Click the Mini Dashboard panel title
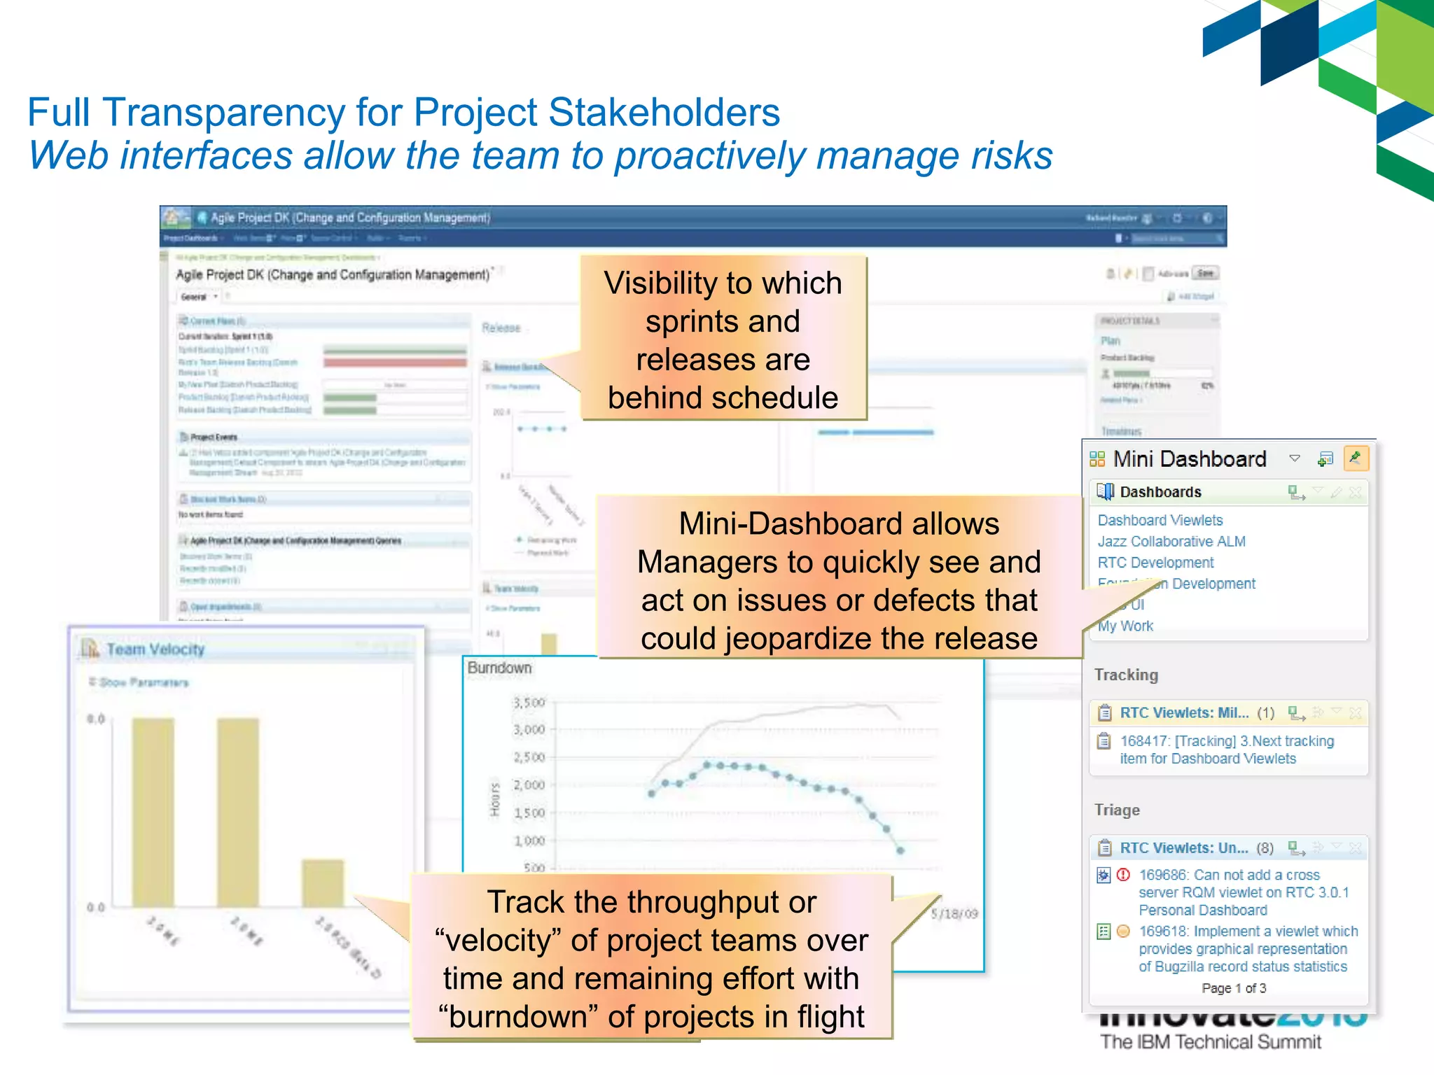1189,459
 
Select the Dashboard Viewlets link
1160,520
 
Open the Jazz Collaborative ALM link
1171,541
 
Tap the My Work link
1125,626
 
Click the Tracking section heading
1126,675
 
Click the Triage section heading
1117,810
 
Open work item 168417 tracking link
1226,750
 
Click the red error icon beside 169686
1123,875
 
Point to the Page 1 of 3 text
1234,988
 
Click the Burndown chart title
499,668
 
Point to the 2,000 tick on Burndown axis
529,785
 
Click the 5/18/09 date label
954,913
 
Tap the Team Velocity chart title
155,649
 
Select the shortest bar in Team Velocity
323,883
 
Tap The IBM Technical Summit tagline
1210,1042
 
